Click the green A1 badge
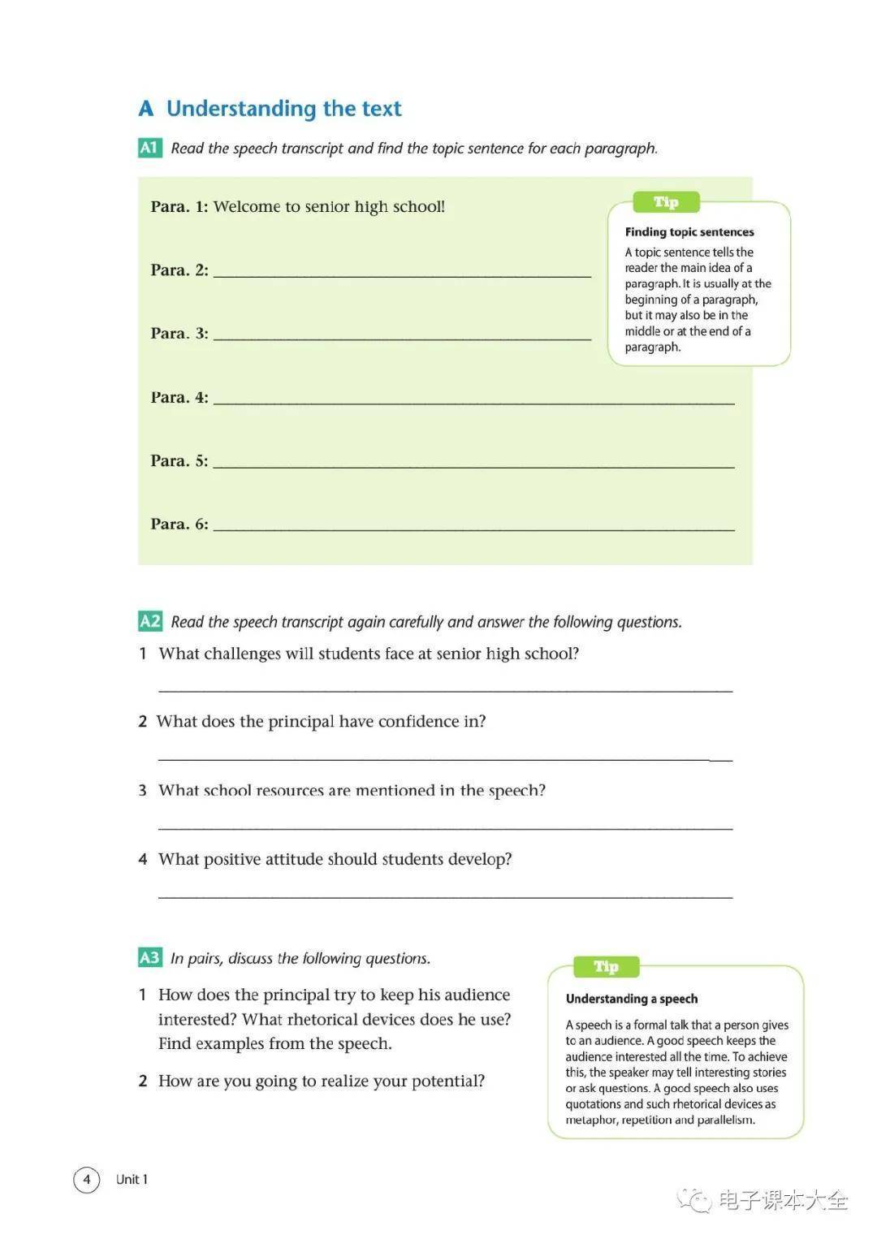pyautogui.click(x=149, y=148)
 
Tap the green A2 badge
pyautogui.click(x=150, y=622)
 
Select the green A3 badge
pyautogui.click(x=149, y=958)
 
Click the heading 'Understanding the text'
pyautogui.click(x=283, y=109)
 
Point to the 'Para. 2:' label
pyautogui.click(x=179, y=270)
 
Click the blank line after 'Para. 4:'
pyautogui.click(x=473, y=400)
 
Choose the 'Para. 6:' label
pyautogui.click(x=179, y=525)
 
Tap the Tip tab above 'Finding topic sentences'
pyautogui.click(x=666, y=202)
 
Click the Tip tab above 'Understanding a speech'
pyautogui.click(x=606, y=967)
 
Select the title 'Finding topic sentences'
pyautogui.click(x=689, y=232)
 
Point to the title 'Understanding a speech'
pyautogui.click(x=632, y=999)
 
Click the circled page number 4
pyautogui.click(x=87, y=1180)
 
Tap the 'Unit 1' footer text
pyautogui.click(x=132, y=1180)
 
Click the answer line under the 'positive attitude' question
pyautogui.click(x=445, y=896)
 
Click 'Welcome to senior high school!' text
pyautogui.click(x=329, y=207)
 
